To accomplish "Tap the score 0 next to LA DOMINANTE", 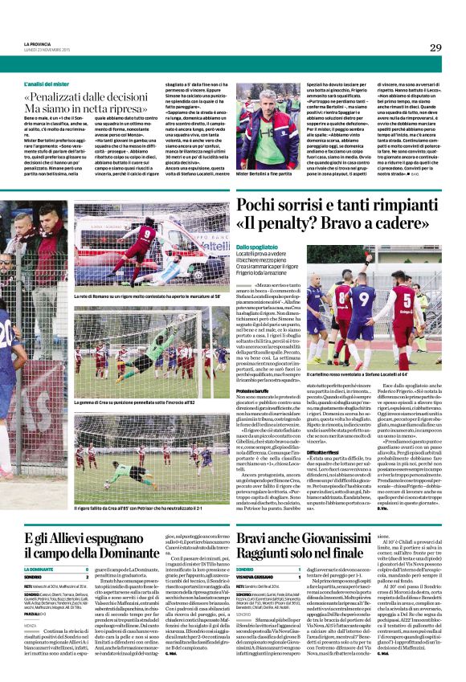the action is coord(221,569).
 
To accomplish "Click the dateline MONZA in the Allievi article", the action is coord(33,624).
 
